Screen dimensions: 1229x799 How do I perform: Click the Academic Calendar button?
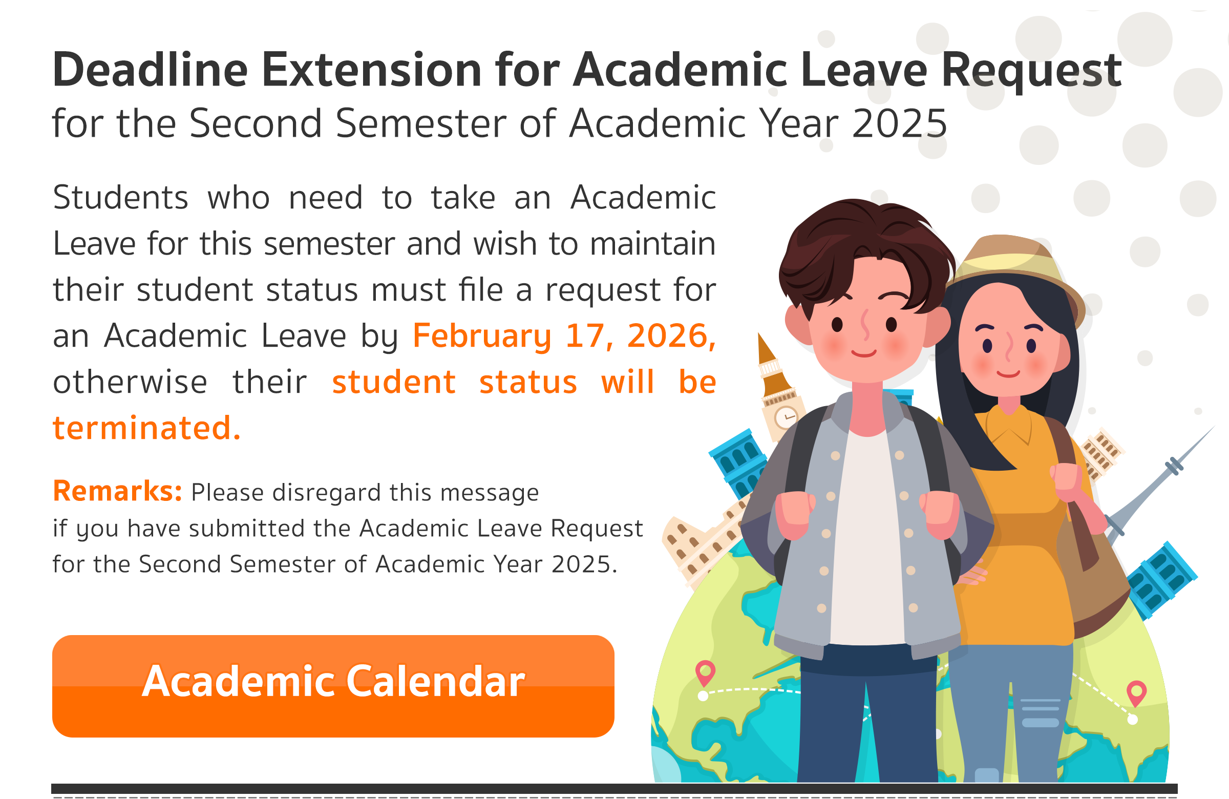pyautogui.click(x=333, y=686)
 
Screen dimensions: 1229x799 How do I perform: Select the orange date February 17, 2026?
pyautogui.click(x=564, y=336)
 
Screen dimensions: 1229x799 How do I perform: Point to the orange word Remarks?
pyautogui.click(x=117, y=491)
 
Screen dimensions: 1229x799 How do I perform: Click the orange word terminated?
pyautogui.click(x=146, y=428)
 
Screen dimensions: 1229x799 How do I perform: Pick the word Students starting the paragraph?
pyautogui.click(x=120, y=197)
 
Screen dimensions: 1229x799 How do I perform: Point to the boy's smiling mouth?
pyautogui.click(x=864, y=353)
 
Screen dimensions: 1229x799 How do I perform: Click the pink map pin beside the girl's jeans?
pyautogui.click(x=1136, y=693)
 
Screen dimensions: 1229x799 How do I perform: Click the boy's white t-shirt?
pyautogui.click(x=867, y=537)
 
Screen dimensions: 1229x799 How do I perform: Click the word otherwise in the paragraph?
pyautogui.click(x=130, y=382)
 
